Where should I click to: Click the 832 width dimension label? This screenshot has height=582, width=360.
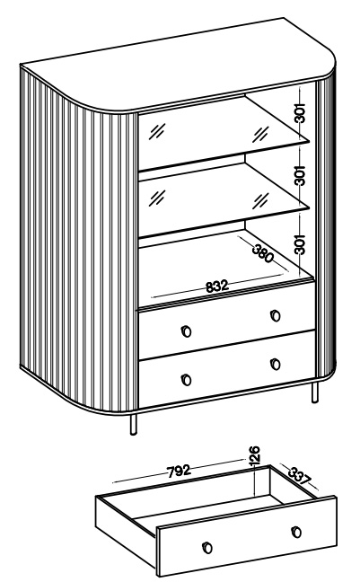click(216, 287)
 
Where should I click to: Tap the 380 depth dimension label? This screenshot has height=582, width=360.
click(263, 254)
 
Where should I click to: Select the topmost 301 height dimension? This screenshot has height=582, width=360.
click(300, 112)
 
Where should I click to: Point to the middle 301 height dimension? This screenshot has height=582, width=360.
click(300, 175)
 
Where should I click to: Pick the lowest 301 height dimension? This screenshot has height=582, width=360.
click(300, 244)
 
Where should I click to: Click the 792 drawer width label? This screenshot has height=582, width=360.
click(179, 471)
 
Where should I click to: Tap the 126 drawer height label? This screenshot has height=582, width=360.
click(255, 454)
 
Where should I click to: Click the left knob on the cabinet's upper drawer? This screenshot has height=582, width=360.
click(187, 331)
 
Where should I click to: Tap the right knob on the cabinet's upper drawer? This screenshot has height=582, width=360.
click(276, 315)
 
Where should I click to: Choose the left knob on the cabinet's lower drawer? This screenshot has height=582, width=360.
click(187, 380)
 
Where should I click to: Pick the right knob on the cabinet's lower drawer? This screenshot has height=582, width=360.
click(276, 364)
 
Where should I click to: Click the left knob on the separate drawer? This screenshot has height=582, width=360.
click(207, 548)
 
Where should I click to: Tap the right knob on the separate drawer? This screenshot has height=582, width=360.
click(296, 532)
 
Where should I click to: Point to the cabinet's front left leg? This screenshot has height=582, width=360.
click(133, 424)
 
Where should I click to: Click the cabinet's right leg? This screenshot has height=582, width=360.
click(315, 392)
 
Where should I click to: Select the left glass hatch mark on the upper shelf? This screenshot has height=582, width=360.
click(157, 131)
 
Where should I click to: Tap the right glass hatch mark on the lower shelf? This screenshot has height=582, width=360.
click(260, 200)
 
